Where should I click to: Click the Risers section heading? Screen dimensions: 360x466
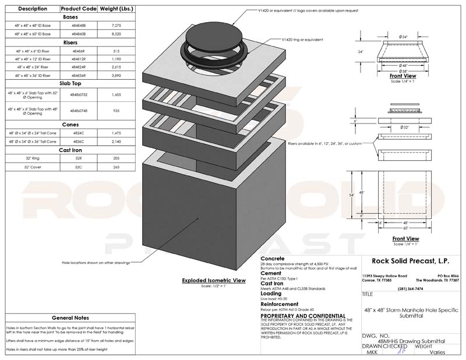(68, 43)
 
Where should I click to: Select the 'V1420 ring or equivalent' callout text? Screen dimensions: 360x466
(302, 39)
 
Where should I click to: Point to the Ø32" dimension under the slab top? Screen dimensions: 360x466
(403, 126)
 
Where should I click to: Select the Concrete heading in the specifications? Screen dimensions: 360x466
(272, 257)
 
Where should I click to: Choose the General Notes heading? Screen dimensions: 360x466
(70, 318)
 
